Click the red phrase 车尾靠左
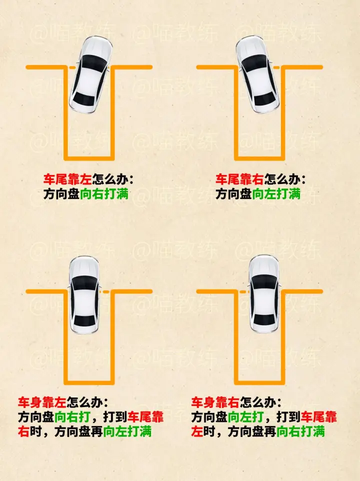pos(67,179)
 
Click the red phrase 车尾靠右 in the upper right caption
pos(240,179)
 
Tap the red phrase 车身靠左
pos(42,402)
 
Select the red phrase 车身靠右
pos(215,402)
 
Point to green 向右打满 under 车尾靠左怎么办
pos(104,194)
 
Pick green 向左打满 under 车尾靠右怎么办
pos(276,194)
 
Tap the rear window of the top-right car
pos(264,98)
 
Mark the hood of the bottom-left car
pos(84,266)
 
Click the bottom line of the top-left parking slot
pos(89,158)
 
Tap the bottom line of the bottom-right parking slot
pos(259,382)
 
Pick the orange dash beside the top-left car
pos(72,67)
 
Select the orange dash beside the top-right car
pos(276,67)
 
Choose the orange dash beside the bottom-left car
pos(106,291)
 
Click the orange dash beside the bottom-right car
pos(243,291)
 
